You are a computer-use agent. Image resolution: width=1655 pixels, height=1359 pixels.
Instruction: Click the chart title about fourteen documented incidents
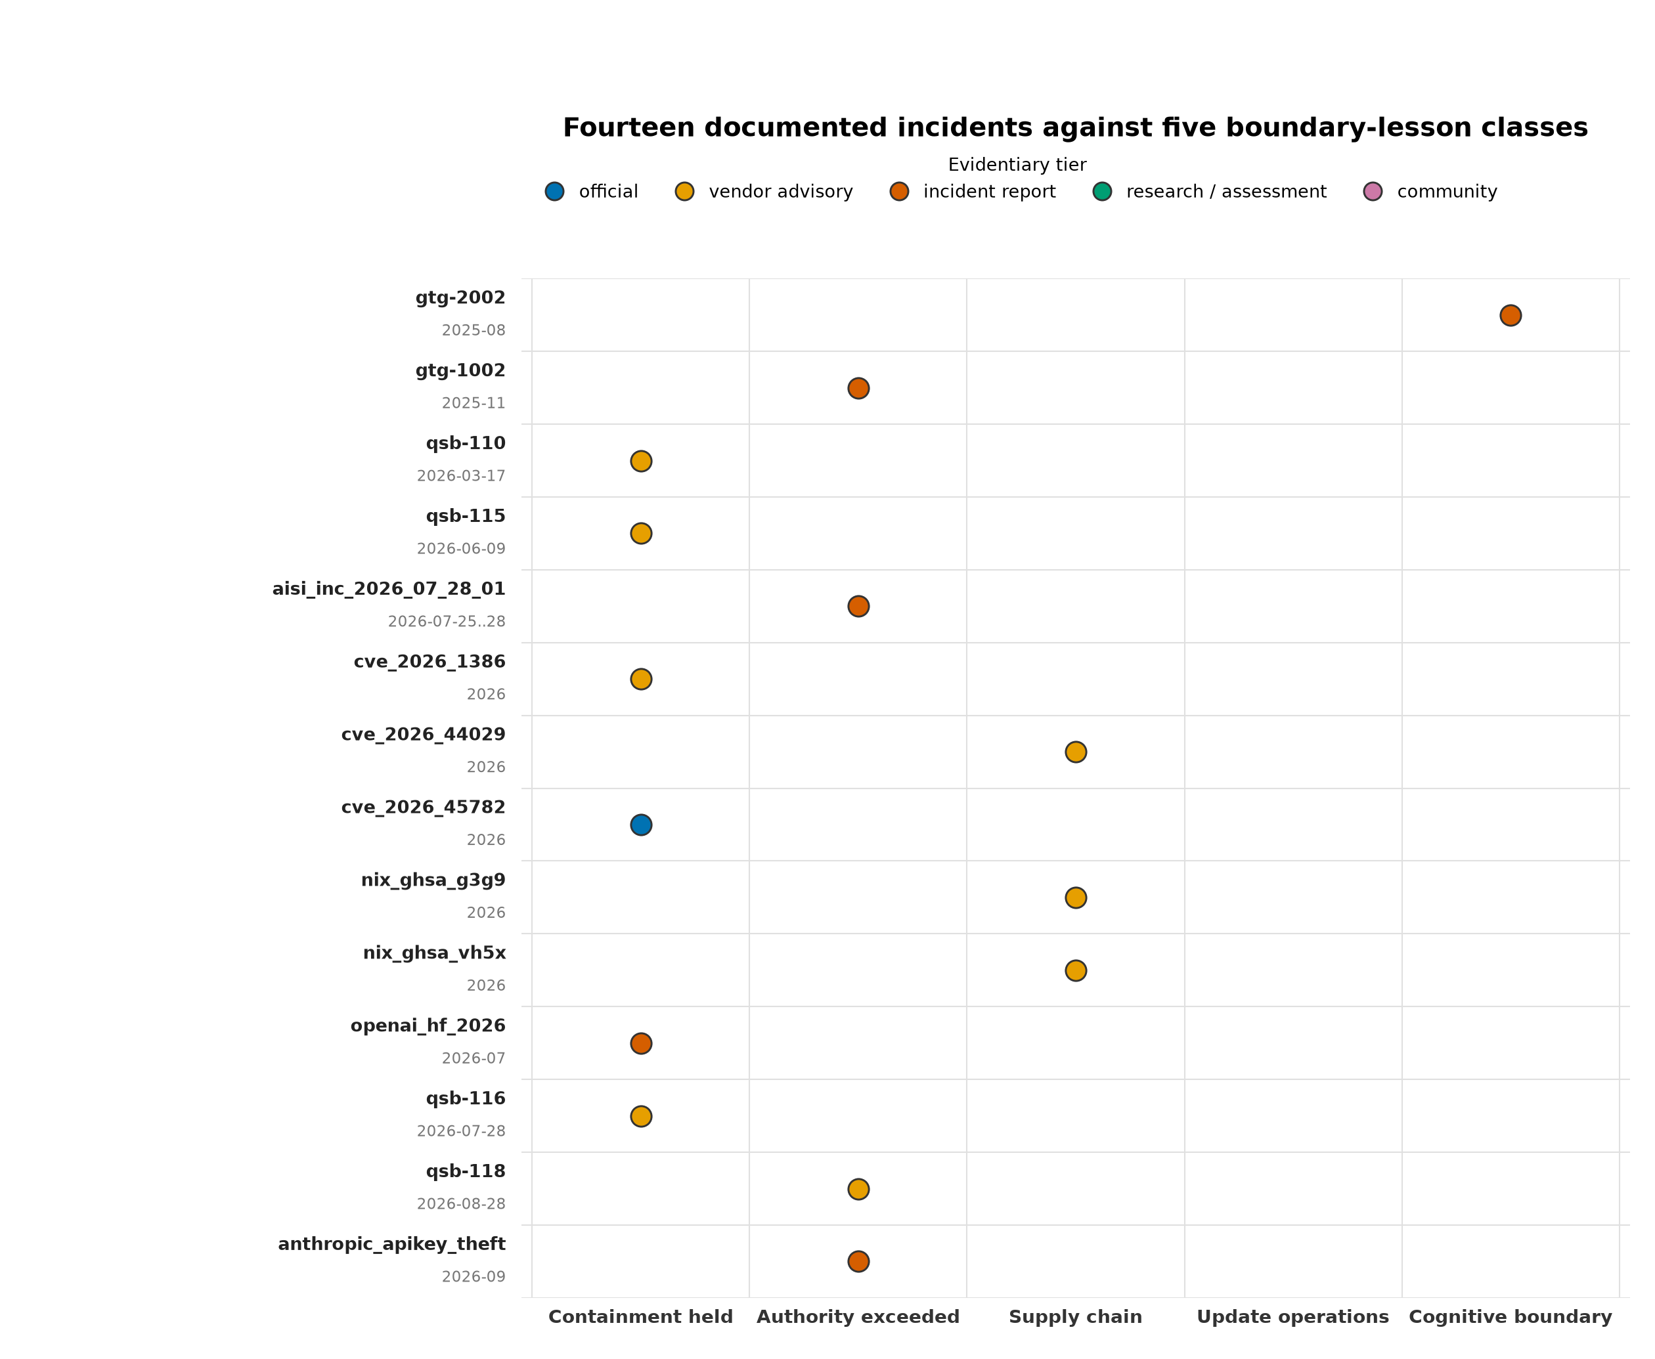coord(1075,127)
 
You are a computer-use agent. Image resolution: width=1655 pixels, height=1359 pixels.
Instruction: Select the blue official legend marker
coord(554,192)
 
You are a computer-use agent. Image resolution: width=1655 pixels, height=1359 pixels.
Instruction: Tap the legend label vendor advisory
coord(780,192)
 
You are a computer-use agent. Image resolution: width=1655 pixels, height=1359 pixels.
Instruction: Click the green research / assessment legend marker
coord(1101,192)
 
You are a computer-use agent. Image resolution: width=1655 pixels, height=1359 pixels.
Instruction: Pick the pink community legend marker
coord(1373,192)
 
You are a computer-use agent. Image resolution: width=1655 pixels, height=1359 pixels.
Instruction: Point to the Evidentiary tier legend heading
coord(1017,165)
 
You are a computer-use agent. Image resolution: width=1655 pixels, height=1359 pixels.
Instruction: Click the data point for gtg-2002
coord(1510,316)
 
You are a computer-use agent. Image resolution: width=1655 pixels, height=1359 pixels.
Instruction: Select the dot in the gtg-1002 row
coord(858,388)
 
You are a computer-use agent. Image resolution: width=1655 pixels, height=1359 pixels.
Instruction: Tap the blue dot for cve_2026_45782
coord(640,825)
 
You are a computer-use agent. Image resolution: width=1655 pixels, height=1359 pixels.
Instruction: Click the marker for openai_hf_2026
coord(640,1043)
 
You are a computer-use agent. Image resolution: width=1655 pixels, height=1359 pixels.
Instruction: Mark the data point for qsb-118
coord(858,1189)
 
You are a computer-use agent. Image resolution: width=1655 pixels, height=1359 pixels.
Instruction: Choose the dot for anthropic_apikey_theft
coord(858,1261)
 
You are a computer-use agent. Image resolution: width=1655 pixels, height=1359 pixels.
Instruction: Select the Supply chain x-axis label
coord(1076,1317)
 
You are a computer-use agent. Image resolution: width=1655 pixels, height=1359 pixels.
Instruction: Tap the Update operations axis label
coord(1292,1317)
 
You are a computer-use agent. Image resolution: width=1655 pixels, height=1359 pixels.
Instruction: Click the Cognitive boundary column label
coord(1510,1317)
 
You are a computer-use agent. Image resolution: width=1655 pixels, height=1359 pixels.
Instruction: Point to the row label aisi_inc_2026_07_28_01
coord(388,589)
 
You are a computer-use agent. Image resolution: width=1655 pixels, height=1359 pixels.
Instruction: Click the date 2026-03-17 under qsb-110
coord(461,476)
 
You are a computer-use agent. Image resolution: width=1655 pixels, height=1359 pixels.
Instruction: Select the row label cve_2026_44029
coord(424,734)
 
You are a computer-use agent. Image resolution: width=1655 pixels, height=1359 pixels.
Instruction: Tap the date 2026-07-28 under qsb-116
coord(461,1131)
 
